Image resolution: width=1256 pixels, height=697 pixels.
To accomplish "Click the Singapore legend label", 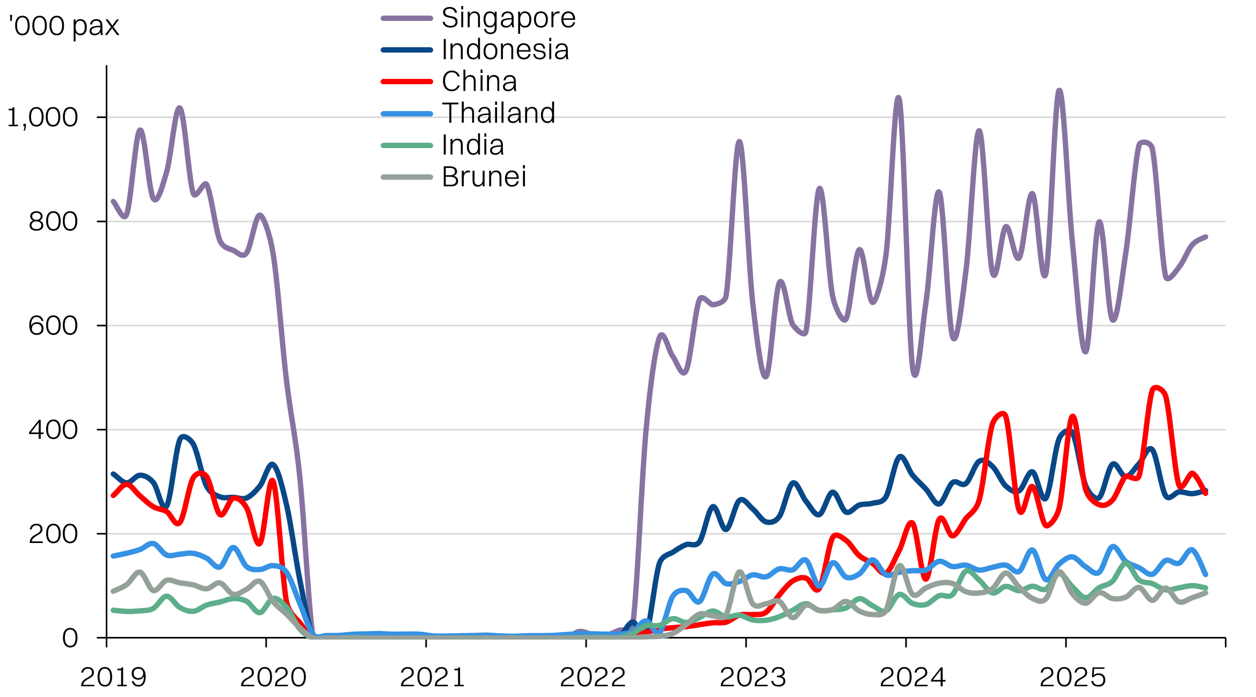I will pyautogui.click(x=508, y=18).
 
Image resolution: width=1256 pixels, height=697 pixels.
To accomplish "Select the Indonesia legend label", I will pyautogui.click(x=505, y=50).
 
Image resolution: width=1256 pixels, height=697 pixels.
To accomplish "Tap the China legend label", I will pyautogui.click(x=479, y=82).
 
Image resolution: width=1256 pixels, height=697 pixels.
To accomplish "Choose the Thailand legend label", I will pyautogui.click(x=498, y=113).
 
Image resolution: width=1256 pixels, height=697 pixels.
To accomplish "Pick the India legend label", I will pyautogui.click(x=473, y=145).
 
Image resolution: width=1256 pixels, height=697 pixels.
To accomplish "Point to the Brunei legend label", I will pyautogui.click(x=484, y=177).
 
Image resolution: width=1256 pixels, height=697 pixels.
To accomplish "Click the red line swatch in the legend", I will pyautogui.click(x=407, y=82).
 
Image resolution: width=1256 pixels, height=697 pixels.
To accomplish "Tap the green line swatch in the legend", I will pyautogui.click(x=407, y=145).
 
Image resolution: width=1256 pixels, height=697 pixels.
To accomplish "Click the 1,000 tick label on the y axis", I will pyautogui.click(x=43, y=118).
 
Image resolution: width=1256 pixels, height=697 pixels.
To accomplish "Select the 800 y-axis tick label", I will pyautogui.click(x=53, y=222).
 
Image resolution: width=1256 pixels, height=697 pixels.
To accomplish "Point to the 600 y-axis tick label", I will pyautogui.click(x=53, y=326).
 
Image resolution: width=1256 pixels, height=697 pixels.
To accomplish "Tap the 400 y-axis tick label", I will pyautogui.click(x=53, y=430).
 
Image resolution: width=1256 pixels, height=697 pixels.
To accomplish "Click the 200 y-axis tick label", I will pyautogui.click(x=53, y=534).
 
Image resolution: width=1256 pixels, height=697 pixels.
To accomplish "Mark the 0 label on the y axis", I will pyautogui.click(x=70, y=639).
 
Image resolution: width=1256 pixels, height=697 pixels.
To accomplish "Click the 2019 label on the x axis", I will pyautogui.click(x=113, y=677).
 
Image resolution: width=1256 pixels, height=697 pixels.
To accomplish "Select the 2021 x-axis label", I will pyautogui.click(x=433, y=677).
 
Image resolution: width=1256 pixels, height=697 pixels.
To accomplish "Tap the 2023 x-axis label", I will pyautogui.click(x=753, y=677).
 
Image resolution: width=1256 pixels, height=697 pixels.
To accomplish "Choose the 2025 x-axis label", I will pyautogui.click(x=1072, y=677).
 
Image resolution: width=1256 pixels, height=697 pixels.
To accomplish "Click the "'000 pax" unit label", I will pyautogui.click(x=64, y=26).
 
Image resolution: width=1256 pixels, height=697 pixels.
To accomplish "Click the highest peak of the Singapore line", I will pyautogui.click(x=1059, y=91).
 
